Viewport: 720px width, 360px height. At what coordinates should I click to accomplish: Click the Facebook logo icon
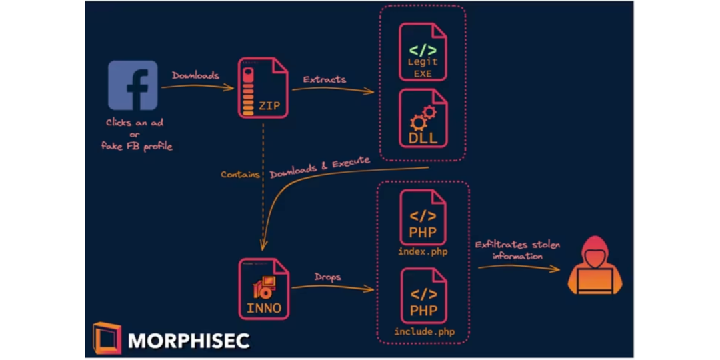pos(133,85)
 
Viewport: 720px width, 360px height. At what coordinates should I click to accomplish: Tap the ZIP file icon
pos(263,89)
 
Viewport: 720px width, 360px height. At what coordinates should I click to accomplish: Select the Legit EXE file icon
pos(423,52)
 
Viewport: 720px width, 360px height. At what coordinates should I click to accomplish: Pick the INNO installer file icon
pos(263,289)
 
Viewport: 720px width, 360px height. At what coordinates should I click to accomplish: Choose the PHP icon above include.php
pos(423,296)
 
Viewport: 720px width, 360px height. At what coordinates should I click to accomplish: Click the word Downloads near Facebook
pos(195,75)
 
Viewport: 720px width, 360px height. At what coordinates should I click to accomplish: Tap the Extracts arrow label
pos(325,79)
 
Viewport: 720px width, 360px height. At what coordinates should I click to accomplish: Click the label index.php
pos(423,252)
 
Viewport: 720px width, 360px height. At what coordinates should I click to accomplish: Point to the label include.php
pos(423,331)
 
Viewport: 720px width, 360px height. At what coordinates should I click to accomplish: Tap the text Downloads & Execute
pos(320,168)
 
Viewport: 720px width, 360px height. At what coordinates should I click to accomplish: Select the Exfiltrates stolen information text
pos(517,250)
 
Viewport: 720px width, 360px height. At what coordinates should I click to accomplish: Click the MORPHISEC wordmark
pos(189,341)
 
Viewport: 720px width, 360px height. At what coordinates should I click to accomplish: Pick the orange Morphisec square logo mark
pos(107,338)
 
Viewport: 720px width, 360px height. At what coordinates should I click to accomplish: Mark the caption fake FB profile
pos(137,146)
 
